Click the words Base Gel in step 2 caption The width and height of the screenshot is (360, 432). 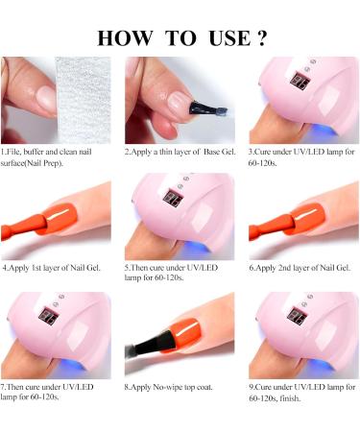[x=217, y=152]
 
